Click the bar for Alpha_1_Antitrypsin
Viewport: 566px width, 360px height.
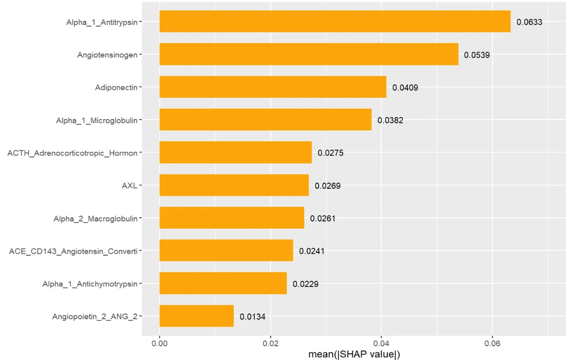pyautogui.click(x=335, y=21)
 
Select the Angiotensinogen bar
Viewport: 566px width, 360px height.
pyautogui.click(x=309, y=54)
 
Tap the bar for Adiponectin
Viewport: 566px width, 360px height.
pyautogui.click(x=273, y=87)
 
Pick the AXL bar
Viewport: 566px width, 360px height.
pyautogui.click(x=234, y=185)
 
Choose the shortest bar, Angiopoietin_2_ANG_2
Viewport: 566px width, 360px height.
pyautogui.click(x=196, y=316)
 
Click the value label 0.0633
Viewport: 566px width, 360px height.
pyautogui.click(x=529, y=22)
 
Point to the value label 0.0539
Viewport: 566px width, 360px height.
pyautogui.click(x=477, y=55)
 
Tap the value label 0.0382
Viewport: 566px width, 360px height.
pyautogui.click(x=390, y=120)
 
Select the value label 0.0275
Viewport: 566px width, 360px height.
pyautogui.click(x=330, y=153)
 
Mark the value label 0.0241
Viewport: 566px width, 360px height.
pyautogui.click(x=311, y=251)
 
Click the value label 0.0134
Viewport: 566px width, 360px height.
pyautogui.click(x=252, y=317)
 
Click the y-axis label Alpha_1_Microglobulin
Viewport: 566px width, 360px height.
pyautogui.click(x=97, y=120)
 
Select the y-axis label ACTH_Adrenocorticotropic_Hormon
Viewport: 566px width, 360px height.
pyautogui.click(x=73, y=153)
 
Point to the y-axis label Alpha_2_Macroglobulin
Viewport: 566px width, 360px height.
pyautogui.click(x=95, y=219)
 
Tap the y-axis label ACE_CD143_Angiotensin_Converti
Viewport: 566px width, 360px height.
pyautogui.click(x=73, y=251)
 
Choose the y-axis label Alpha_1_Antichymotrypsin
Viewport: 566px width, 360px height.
pyautogui.click(x=90, y=284)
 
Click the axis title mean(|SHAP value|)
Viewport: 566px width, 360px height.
pyautogui.click(x=354, y=354)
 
